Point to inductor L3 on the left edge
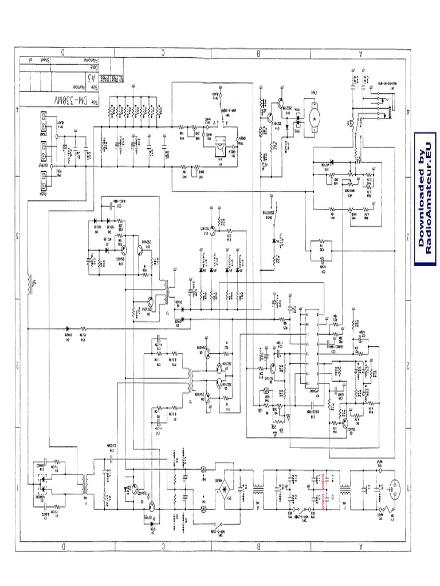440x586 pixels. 30,282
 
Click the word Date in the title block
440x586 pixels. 90,68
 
